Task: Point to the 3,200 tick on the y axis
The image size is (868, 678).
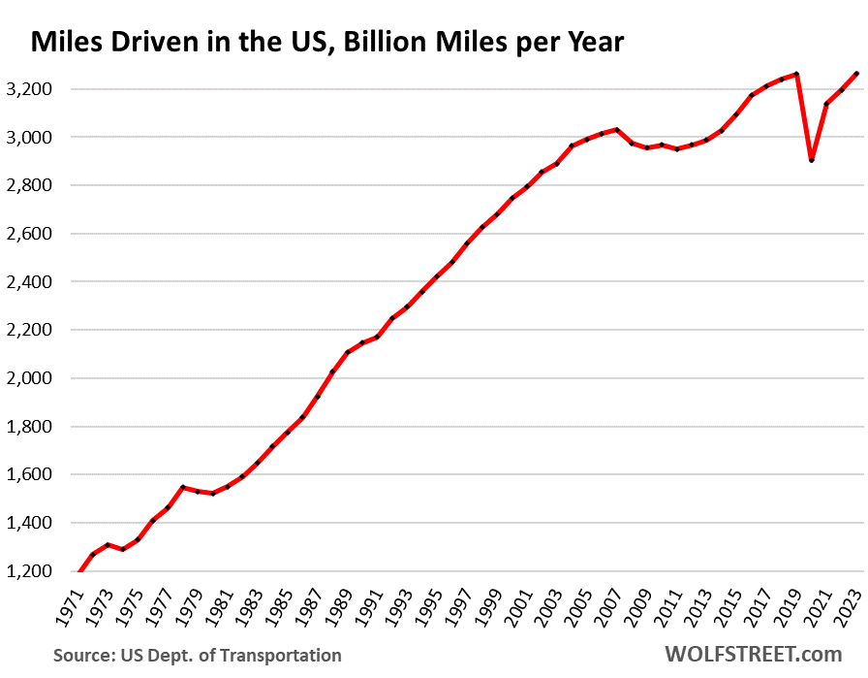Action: (x=30, y=89)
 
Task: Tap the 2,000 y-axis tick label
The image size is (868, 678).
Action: (x=30, y=378)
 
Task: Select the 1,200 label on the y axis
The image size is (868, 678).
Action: (x=30, y=571)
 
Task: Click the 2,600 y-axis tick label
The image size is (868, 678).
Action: (x=30, y=234)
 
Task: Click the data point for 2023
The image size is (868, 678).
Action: (x=856, y=74)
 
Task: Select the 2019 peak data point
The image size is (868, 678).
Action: (x=796, y=74)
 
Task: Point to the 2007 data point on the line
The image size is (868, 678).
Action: (x=617, y=129)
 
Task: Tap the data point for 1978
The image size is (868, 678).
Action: (x=181, y=487)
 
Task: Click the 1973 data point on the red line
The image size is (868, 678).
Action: (x=107, y=544)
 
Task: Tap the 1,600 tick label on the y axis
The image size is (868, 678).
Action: (x=30, y=474)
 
